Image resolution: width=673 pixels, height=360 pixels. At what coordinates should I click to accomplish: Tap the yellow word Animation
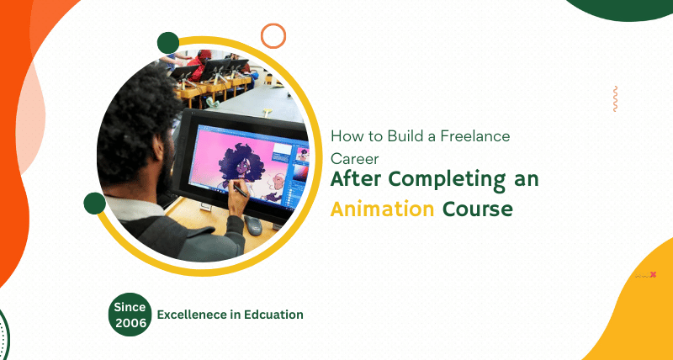(382, 209)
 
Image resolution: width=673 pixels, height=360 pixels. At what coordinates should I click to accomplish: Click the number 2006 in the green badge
(131, 322)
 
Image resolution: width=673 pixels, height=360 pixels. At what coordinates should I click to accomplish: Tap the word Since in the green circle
(131, 307)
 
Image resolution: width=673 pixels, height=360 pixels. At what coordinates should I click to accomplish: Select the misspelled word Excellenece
(193, 315)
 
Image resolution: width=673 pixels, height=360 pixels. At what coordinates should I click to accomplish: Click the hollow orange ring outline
(273, 35)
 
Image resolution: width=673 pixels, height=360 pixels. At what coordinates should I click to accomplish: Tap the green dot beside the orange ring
(168, 43)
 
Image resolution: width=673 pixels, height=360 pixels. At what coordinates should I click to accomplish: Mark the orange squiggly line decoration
(616, 98)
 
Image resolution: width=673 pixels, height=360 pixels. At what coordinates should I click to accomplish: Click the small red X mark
(653, 274)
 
